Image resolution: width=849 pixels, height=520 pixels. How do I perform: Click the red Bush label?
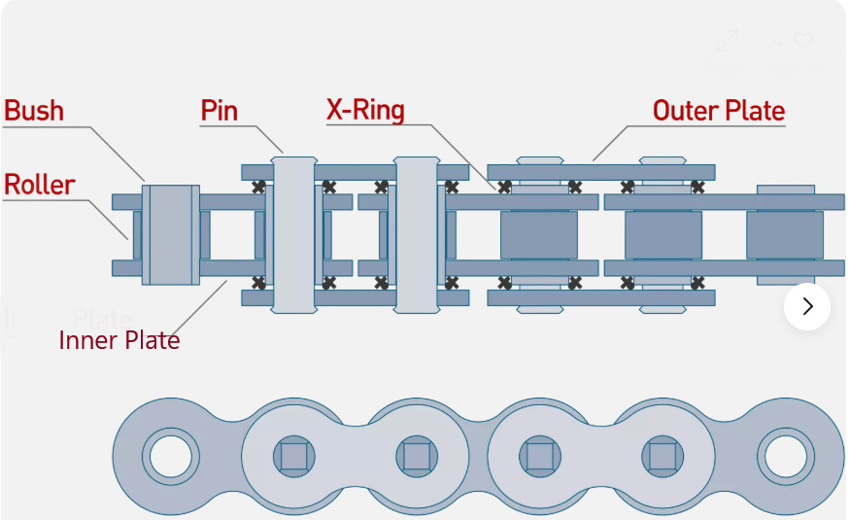click(x=34, y=111)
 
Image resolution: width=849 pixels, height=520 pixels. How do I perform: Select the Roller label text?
click(x=40, y=185)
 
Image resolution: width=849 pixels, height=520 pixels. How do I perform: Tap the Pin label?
click(x=220, y=111)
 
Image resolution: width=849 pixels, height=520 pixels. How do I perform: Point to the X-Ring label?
click(x=365, y=111)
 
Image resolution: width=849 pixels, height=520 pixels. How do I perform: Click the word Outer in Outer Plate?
click(x=684, y=111)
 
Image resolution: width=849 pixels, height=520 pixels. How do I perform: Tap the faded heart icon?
click(x=802, y=41)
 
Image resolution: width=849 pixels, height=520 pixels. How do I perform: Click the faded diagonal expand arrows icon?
click(x=727, y=42)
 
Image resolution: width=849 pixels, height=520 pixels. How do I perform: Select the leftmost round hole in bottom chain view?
click(x=170, y=455)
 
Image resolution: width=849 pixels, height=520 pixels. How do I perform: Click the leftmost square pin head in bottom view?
click(x=293, y=455)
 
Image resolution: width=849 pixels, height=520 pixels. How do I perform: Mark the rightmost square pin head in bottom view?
click(x=662, y=455)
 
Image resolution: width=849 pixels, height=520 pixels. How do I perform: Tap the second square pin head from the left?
click(x=417, y=455)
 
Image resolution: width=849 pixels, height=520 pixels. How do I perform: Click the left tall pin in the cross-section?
click(x=294, y=233)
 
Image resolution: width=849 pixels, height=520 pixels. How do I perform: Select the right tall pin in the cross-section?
click(x=417, y=233)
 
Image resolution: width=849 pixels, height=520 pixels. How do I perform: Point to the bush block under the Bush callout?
click(x=171, y=234)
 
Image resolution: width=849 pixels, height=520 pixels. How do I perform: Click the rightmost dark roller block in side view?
click(x=784, y=234)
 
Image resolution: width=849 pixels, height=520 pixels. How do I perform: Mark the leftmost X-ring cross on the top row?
click(x=258, y=188)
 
